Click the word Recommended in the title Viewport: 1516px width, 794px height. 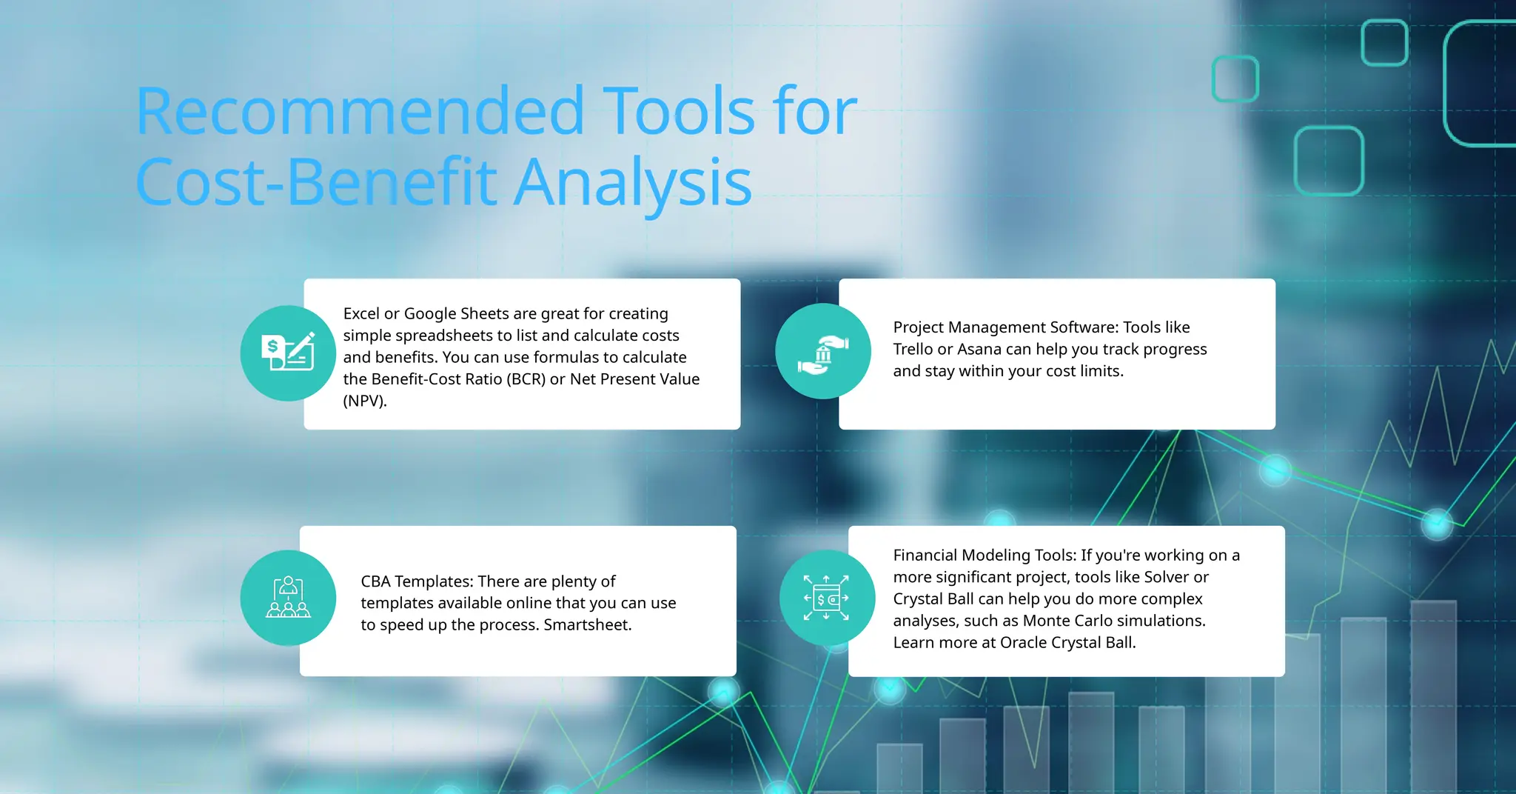(x=360, y=113)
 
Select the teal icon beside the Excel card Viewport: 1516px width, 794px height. (x=288, y=353)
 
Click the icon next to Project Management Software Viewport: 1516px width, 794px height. (x=823, y=351)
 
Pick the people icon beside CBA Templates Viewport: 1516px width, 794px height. (x=288, y=598)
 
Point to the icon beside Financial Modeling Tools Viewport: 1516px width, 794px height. (x=827, y=598)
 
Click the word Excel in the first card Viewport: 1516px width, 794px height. (x=360, y=313)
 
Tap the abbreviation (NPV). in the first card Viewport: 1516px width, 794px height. (x=365, y=401)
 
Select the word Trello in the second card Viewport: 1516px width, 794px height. (x=913, y=349)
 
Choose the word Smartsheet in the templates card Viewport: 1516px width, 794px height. (x=587, y=625)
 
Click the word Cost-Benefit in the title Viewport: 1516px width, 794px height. (x=317, y=183)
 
